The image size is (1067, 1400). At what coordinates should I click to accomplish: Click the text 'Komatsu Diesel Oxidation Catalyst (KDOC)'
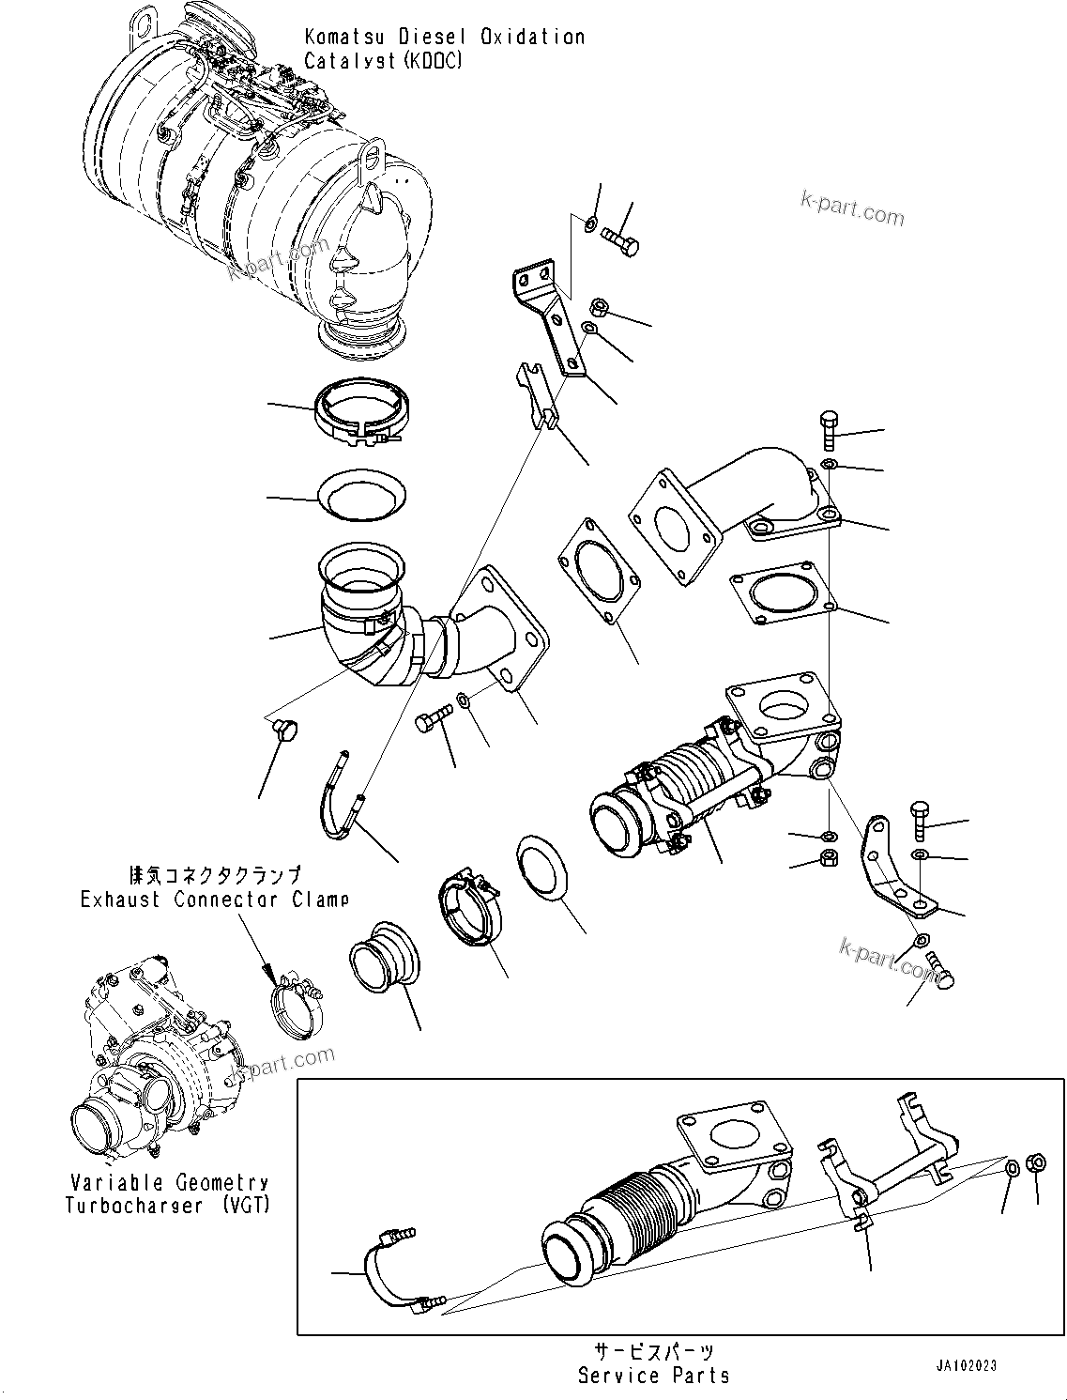(444, 49)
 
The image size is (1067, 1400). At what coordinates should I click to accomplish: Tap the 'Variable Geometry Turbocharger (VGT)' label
(167, 1194)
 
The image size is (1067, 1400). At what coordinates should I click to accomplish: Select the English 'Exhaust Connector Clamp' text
(214, 900)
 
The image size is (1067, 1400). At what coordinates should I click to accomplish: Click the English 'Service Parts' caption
(653, 1376)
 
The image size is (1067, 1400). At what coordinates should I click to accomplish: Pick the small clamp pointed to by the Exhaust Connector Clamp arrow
(296, 1002)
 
